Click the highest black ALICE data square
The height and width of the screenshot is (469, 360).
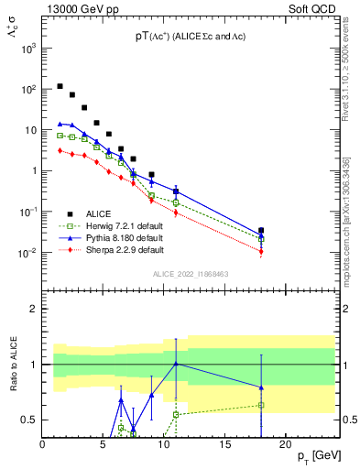point(60,86)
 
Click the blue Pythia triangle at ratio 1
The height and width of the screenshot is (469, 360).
point(176,364)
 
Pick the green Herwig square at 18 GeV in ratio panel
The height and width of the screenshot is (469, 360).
point(261,405)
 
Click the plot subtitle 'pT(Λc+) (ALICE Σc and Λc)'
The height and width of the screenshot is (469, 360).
point(190,36)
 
